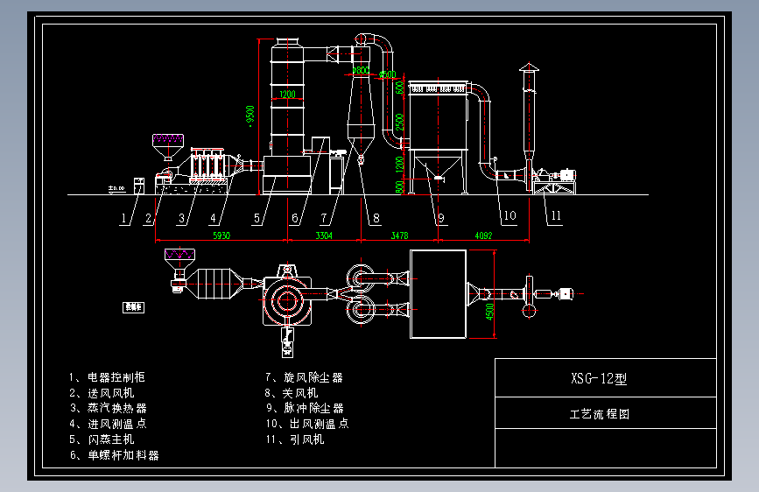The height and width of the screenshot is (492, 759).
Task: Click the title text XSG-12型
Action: [599, 379]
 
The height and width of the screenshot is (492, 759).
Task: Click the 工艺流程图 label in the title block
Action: [600, 414]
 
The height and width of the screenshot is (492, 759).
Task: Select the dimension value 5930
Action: [221, 235]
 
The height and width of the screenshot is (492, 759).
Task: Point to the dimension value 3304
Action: [324, 235]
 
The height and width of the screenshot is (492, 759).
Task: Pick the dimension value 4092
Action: [483, 235]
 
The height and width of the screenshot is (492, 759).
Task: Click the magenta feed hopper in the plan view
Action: [179, 257]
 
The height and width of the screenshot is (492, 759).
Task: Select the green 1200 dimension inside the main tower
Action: [287, 95]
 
